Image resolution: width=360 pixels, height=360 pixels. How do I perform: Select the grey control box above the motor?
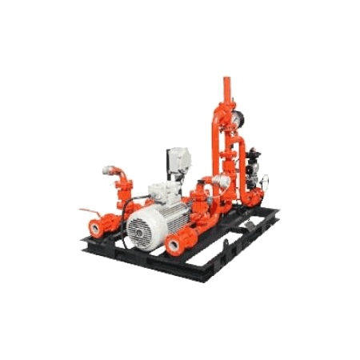pyautogui.click(x=177, y=162)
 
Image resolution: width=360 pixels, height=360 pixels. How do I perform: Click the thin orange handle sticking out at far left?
pyautogui.click(x=82, y=210)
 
